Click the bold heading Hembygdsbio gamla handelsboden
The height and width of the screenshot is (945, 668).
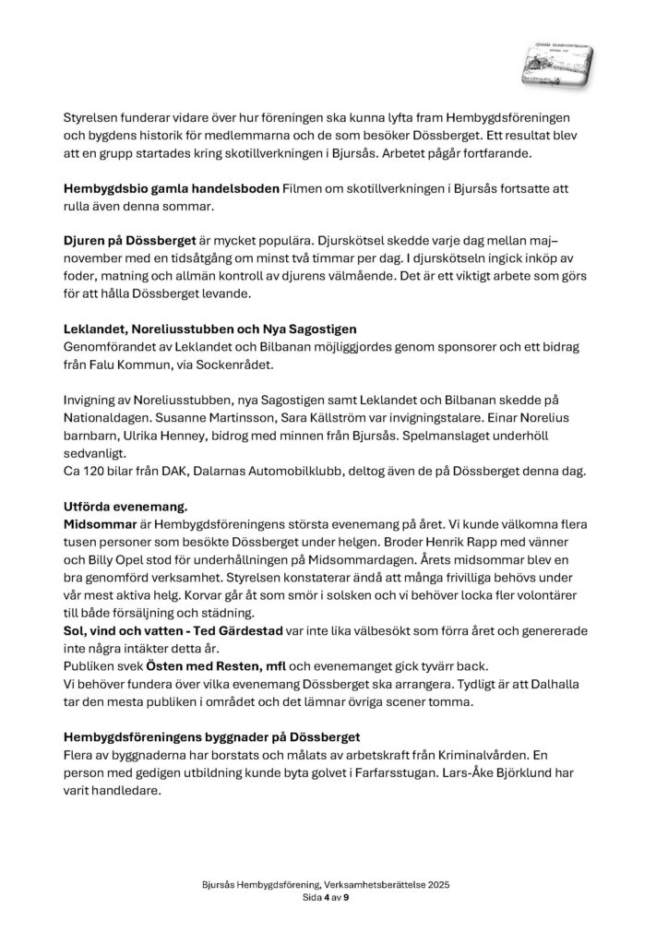point(172,188)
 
